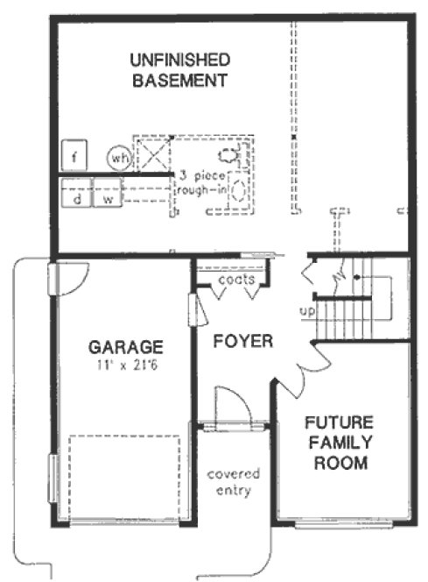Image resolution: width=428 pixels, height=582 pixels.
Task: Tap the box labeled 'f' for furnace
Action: pyautogui.click(x=76, y=158)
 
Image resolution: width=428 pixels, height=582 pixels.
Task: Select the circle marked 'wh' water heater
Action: pyautogui.click(x=118, y=158)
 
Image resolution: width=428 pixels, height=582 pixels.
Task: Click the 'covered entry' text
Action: pyautogui.click(x=234, y=482)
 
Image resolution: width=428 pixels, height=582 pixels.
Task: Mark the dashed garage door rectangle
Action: pyautogui.click(x=124, y=478)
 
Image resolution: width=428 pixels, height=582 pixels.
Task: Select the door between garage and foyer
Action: pyautogui.click(x=193, y=309)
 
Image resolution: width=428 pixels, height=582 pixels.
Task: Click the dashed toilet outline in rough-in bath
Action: pyautogui.click(x=229, y=158)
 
